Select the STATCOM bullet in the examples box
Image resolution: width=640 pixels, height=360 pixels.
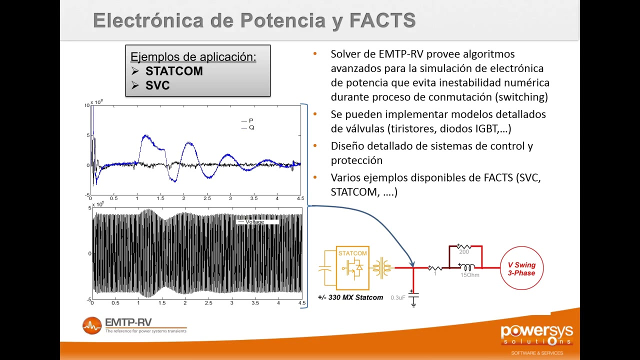(x=173, y=71)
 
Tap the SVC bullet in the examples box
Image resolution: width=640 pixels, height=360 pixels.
(x=157, y=85)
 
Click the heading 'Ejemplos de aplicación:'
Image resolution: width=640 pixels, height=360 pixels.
(x=193, y=57)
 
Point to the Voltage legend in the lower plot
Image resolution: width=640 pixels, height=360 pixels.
(x=254, y=221)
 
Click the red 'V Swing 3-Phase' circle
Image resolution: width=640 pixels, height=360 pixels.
(x=521, y=268)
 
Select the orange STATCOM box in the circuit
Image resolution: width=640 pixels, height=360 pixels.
(x=352, y=268)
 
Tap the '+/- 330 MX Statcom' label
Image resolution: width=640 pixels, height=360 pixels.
(x=350, y=297)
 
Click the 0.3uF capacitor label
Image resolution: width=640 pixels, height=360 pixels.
(x=397, y=298)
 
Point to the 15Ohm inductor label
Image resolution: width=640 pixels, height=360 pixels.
(x=469, y=275)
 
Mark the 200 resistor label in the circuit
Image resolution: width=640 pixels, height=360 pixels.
(x=463, y=252)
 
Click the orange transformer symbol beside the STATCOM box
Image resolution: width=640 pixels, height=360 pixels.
(x=382, y=268)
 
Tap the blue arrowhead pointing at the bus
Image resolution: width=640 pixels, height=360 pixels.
(x=412, y=263)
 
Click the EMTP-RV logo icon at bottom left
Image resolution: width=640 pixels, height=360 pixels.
(x=92, y=325)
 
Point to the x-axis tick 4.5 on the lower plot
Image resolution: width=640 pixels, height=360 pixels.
(x=301, y=303)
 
